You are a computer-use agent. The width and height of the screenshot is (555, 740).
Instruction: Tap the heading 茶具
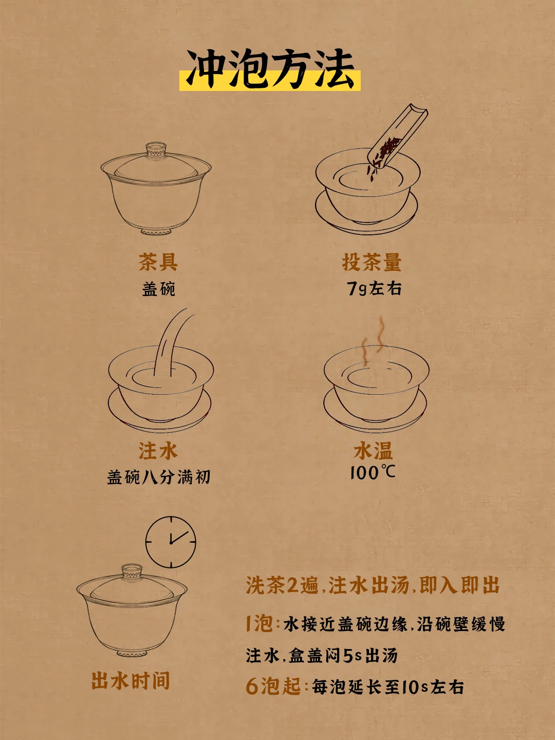[x=158, y=262]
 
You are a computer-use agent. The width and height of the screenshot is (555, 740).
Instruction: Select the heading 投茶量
[x=372, y=262]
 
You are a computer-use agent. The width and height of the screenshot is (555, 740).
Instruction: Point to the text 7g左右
[x=374, y=289]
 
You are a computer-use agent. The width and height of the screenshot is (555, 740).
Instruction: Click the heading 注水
[x=158, y=451]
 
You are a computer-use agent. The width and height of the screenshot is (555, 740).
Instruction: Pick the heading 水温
[x=374, y=451]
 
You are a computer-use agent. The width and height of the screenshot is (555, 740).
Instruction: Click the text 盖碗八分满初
[x=158, y=477]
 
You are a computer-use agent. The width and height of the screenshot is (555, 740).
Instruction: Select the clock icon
[x=171, y=542]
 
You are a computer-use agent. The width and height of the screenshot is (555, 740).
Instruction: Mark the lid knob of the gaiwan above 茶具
[x=156, y=149]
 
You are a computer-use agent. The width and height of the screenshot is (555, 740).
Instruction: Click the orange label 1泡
[x=260, y=623]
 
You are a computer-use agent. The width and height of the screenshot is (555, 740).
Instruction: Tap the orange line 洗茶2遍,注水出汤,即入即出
[x=373, y=585]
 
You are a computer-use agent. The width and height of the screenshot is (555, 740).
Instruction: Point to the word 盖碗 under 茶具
[x=158, y=289]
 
